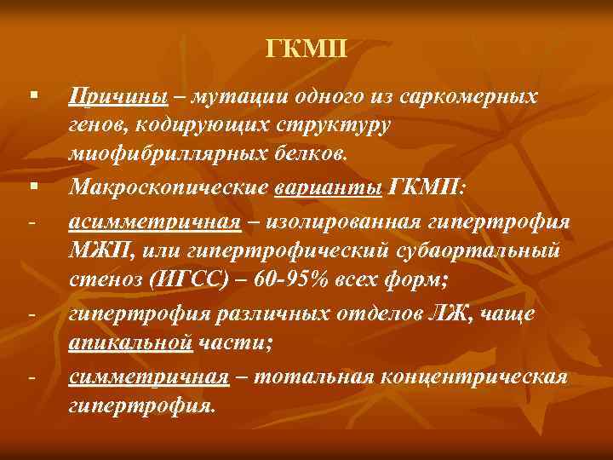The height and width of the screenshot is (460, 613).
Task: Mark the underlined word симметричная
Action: (148, 376)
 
